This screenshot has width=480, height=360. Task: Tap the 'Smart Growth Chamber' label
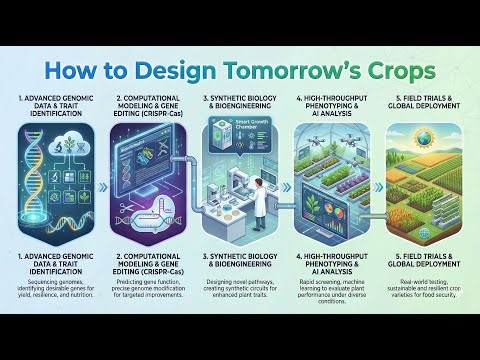pyautogui.click(x=247, y=129)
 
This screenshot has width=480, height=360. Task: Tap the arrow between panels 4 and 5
pyautogui.click(x=377, y=185)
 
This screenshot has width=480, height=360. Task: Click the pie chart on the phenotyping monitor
pyautogui.click(x=353, y=194)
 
